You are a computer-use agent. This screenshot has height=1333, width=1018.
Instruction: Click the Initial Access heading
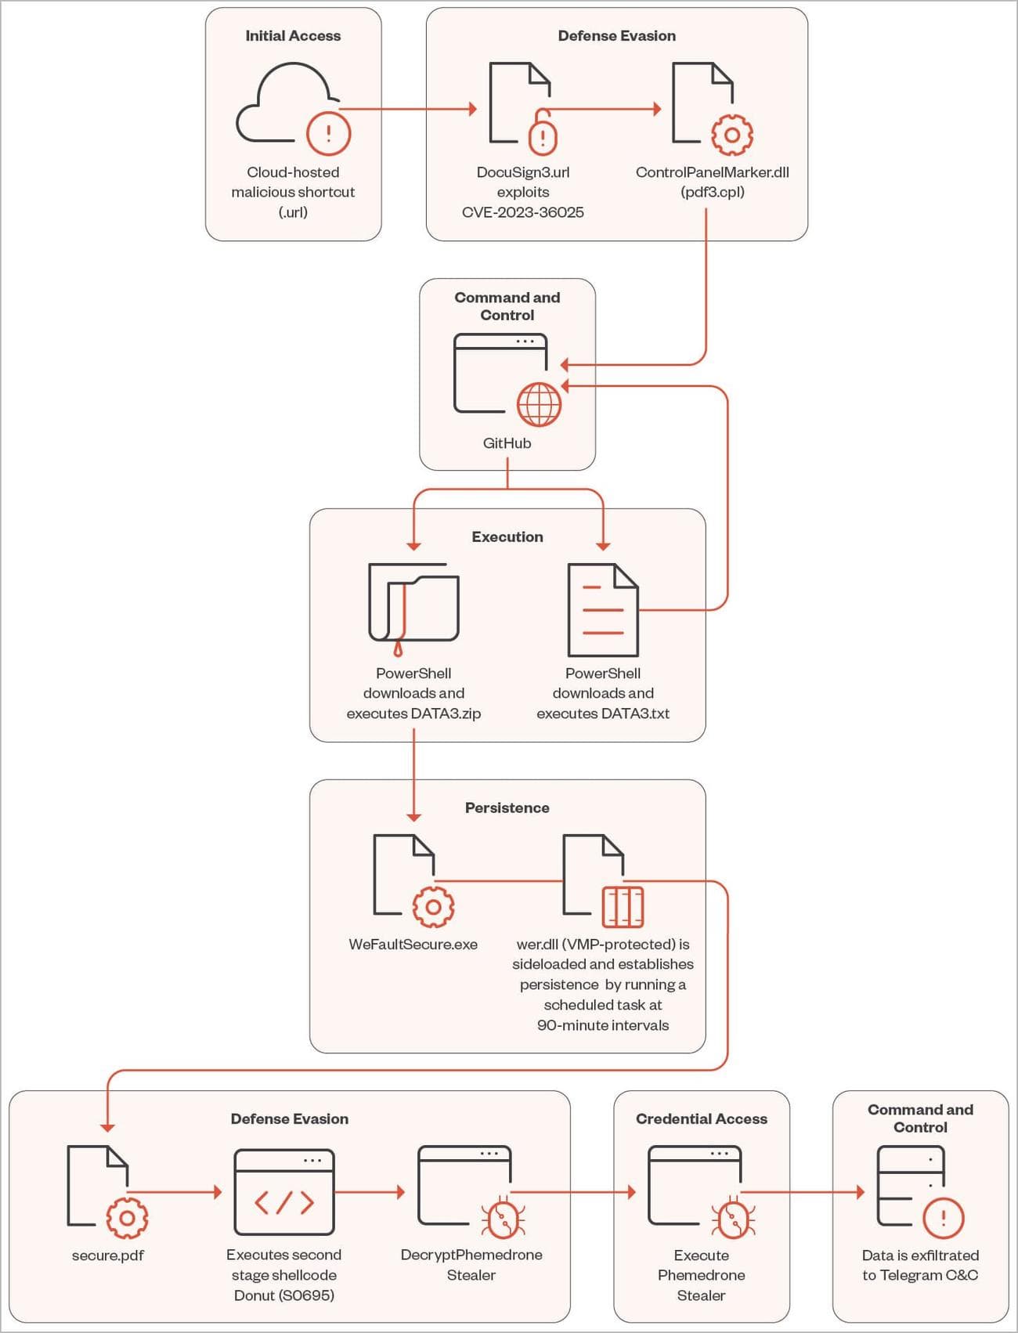(x=293, y=36)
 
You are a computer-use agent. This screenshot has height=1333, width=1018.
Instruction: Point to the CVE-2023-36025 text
(x=522, y=212)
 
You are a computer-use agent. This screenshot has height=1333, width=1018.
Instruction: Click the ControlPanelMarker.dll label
(x=712, y=172)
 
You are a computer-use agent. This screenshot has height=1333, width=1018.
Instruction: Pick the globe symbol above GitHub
(x=539, y=404)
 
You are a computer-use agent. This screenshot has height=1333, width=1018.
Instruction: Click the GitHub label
(x=507, y=443)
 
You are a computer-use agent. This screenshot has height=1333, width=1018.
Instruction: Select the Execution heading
(x=507, y=537)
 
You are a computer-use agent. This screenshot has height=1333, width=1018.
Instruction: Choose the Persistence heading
(x=507, y=808)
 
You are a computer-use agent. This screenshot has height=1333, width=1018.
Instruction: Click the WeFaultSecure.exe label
(x=413, y=945)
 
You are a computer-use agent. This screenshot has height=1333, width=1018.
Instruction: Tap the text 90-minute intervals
(x=602, y=1025)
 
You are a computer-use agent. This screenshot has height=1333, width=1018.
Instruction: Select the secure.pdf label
(x=108, y=1255)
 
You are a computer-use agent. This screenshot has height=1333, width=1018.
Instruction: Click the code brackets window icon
(x=284, y=1192)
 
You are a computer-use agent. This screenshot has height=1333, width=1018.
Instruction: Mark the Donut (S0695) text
(x=283, y=1295)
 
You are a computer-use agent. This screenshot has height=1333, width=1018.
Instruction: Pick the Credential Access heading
(x=701, y=1119)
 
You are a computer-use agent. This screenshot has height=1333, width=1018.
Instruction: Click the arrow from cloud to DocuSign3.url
(x=407, y=109)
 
